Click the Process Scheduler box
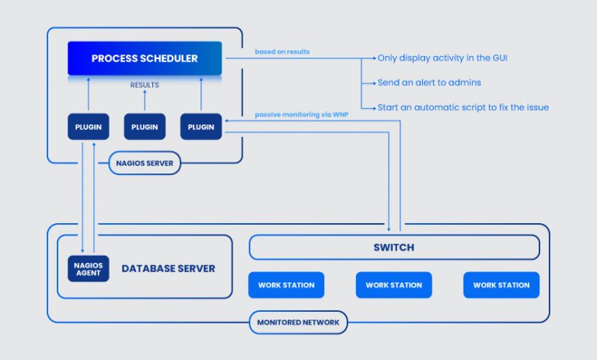pyautogui.click(x=145, y=58)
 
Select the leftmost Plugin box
pyautogui.click(x=89, y=126)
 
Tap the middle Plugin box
pyautogui.click(x=145, y=126)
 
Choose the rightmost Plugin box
pyautogui.click(x=201, y=126)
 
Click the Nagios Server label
pyautogui.click(x=145, y=163)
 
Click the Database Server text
pyautogui.click(x=168, y=268)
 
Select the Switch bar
pyautogui.click(x=393, y=247)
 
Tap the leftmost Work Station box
pyautogui.click(x=285, y=285)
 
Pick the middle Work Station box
pyautogui.click(x=393, y=285)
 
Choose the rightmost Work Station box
pyautogui.click(x=501, y=285)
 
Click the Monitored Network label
pyautogui.click(x=298, y=321)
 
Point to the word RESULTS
pyautogui.click(x=145, y=85)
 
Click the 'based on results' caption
pyautogui.click(x=281, y=52)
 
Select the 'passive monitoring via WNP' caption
pyautogui.click(x=302, y=114)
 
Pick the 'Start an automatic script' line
pyautogui.click(x=463, y=107)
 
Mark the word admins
pyautogui.click(x=468, y=82)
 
